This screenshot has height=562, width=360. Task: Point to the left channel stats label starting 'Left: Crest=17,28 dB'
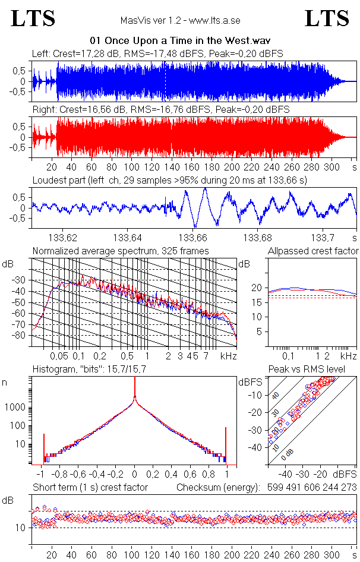coord(157,53)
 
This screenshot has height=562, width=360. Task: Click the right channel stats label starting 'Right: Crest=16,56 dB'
coord(160,110)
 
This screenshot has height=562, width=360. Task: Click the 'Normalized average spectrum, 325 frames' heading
coord(121,251)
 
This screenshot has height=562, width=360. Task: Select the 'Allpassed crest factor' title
coord(313,251)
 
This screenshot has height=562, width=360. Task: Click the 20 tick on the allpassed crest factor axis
coord(257,288)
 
